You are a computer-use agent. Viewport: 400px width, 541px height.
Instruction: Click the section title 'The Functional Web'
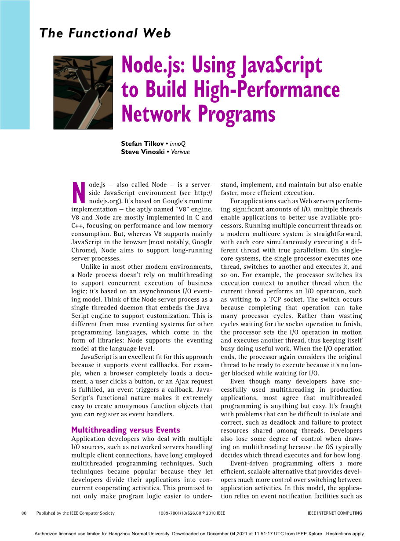click(x=105, y=33)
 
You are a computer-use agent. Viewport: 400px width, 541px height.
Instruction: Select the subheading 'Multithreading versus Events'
click(x=126, y=430)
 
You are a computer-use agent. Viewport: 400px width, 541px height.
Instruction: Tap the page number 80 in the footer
click(x=24, y=513)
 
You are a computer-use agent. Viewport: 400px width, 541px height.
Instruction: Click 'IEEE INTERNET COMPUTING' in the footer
click(x=335, y=513)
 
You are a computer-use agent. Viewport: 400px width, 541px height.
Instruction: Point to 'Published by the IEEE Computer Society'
click(x=75, y=513)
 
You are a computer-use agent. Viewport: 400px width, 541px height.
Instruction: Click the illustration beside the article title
click(x=83, y=92)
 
